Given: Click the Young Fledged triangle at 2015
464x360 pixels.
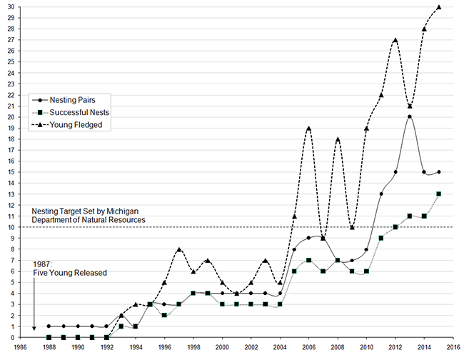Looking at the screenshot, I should (439, 7).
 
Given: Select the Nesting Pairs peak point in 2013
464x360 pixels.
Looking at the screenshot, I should (410, 116).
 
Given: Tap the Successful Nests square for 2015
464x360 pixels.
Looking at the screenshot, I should (439, 194).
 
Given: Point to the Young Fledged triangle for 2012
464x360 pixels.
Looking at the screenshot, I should (395, 40).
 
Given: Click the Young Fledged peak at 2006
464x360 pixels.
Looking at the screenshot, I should (308, 128).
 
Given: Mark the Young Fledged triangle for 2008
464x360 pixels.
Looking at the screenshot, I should (338, 139).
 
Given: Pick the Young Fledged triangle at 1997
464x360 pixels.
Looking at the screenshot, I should (178, 249).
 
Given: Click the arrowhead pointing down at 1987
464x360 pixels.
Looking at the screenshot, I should (34, 329).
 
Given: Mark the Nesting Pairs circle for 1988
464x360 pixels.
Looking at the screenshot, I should (49, 326).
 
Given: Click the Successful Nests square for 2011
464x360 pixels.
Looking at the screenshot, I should (381, 238).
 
